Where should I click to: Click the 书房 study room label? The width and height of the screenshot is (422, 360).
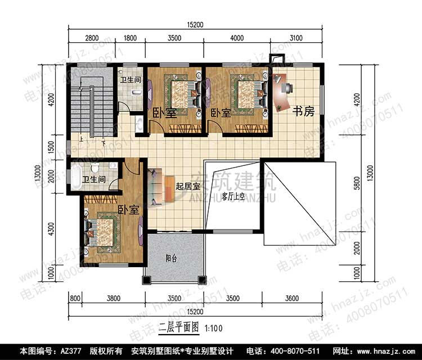point(303,111)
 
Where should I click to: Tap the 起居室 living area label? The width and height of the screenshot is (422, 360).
point(187,186)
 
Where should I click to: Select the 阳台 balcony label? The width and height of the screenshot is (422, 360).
point(171,259)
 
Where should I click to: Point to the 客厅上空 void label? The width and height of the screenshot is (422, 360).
point(233,197)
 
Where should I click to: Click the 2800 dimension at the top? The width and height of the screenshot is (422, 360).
point(92,38)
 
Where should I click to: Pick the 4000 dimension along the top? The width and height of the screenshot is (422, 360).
point(237,38)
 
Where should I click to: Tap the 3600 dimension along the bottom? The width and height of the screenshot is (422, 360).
point(291,298)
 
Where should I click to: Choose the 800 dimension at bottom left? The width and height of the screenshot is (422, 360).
point(75,298)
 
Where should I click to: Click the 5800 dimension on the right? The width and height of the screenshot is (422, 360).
point(357,183)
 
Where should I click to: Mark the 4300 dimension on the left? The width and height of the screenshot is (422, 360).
point(51,229)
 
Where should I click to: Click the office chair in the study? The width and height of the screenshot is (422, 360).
point(287,88)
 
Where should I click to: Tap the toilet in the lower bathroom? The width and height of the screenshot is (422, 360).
point(95,168)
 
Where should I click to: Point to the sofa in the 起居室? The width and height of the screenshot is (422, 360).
point(155,187)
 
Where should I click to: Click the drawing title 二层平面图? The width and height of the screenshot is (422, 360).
point(179,327)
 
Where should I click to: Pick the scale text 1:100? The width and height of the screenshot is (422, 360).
point(214,328)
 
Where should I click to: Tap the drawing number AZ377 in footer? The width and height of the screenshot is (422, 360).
point(71,351)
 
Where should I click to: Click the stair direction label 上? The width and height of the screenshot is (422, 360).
point(80,139)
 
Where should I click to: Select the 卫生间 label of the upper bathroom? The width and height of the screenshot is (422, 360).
point(131,80)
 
